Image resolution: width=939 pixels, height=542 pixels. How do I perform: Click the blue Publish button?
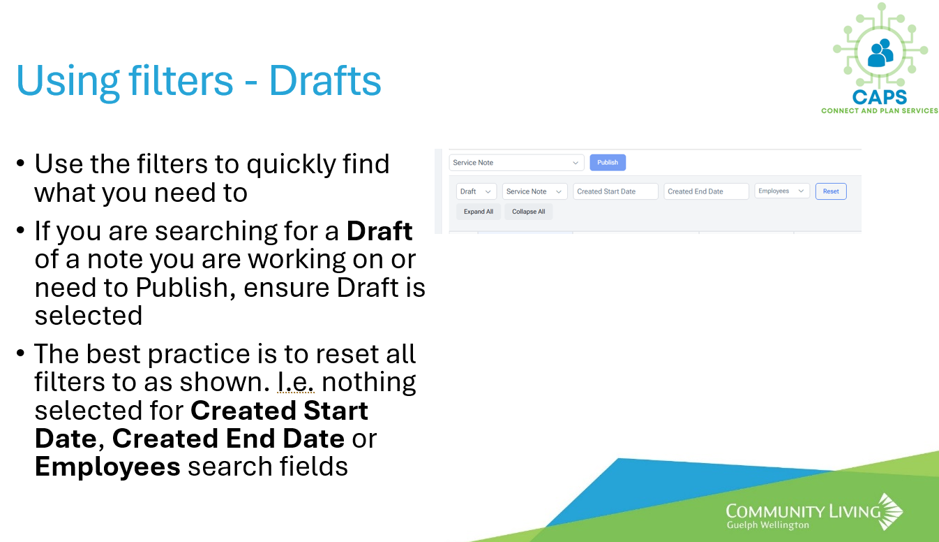point(608,163)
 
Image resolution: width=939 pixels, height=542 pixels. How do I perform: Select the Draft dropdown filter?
point(476,191)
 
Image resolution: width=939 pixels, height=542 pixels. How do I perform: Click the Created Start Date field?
point(615,191)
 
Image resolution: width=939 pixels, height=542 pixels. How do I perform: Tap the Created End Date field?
point(706,191)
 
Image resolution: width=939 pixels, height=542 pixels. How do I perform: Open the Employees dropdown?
point(782,191)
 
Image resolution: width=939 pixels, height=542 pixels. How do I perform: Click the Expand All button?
point(479,212)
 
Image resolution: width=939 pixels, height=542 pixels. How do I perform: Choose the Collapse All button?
point(528,212)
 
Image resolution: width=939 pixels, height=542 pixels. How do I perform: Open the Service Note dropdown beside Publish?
point(516,163)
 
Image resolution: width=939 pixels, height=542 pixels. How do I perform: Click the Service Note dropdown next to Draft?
point(534,191)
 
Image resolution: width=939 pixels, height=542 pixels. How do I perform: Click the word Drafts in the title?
point(325,80)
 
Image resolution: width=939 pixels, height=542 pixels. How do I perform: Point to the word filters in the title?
point(181,80)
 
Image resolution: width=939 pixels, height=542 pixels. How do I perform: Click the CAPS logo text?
point(880,97)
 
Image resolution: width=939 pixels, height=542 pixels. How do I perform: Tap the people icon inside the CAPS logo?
point(880,53)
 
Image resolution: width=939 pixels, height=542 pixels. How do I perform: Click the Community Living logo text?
point(803,511)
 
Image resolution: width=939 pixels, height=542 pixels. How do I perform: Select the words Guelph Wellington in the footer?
point(768,525)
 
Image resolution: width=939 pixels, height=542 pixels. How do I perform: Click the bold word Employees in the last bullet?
point(107,467)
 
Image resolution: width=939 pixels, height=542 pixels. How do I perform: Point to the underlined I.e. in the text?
point(296,382)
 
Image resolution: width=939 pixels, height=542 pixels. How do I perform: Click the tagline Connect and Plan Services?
point(880,111)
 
